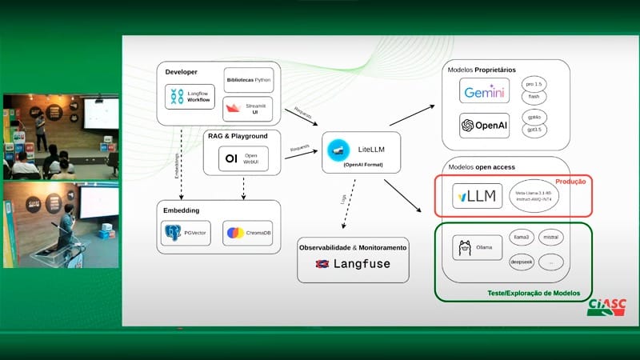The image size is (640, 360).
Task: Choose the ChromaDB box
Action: coord(247,234)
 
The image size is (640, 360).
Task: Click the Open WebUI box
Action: coord(243,159)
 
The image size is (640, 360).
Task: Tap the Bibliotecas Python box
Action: coord(247,82)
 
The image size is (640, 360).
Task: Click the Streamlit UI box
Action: coord(247,108)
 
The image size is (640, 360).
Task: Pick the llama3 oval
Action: coord(522,238)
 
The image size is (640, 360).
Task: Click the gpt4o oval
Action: coord(533,116)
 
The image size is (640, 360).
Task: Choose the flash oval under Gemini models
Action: coord(533,97)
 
